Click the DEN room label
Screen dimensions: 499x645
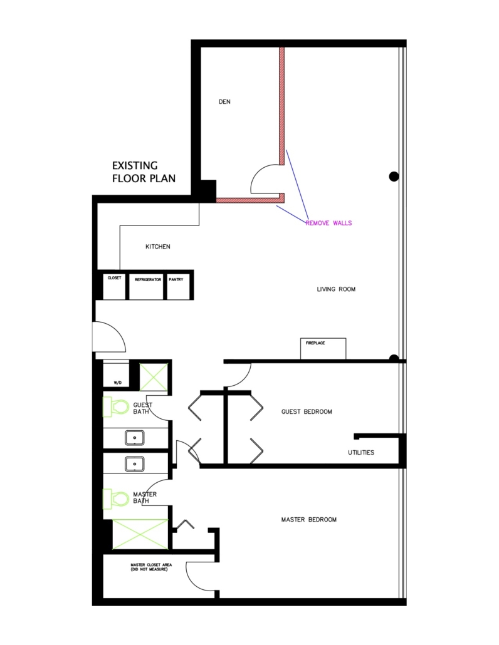(x=224, y=101)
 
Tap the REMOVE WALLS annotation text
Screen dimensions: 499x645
(x=328, y=223)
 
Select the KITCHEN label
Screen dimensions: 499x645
(x=158, y=246)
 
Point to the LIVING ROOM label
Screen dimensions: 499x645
(x=336, y=289)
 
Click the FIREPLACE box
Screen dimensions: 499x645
(x=323, y=348)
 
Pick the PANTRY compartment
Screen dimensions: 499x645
(x=178, y=286)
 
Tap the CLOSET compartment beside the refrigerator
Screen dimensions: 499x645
(x=114, y=286)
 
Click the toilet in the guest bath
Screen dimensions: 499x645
(x=116, y=407)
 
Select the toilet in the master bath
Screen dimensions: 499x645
(x=116, y=499)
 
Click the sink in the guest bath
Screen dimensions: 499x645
(x=135, y=438)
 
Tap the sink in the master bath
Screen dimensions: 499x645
(x=135, y=464)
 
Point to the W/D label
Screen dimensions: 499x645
(x=118, y=383)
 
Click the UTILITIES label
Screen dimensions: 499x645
(x=361, y=453)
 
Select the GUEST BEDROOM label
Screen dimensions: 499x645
(x=307, y=412)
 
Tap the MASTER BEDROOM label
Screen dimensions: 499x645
(x=309, y=520)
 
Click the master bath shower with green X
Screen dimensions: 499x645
(x=140, y=534)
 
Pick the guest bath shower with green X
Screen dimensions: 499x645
(x=154, y=377)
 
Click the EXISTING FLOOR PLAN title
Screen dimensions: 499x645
(x=144, y=172)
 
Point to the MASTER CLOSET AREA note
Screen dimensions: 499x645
(x=151, y=567)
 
